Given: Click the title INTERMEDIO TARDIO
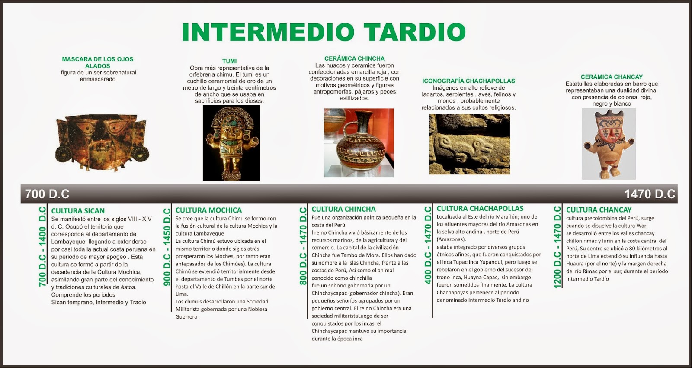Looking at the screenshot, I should (x=324, y=32).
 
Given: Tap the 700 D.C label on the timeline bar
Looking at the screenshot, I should (x=47, y=194).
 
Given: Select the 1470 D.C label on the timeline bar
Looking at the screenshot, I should (x=650, y=194).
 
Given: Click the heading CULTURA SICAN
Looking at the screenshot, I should (x=78, y=211).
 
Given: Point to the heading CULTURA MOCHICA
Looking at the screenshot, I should (x=208, y=210).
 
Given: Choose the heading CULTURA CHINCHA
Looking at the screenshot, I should (x=343, y=209).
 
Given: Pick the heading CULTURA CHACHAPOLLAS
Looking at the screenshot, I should (x=480, y=208).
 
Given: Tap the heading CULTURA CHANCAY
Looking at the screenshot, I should (x=599, y=210).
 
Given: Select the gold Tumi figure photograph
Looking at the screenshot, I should (x=231, y=143).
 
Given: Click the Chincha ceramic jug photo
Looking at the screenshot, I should (x=359, y=142).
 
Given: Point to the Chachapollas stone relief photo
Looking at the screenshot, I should (x=469, y=144).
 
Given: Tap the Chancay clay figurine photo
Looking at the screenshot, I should (x=609, y=144).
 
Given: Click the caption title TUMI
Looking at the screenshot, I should (x=229, y=61).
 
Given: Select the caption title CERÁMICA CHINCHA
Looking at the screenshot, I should (x=354, y=58).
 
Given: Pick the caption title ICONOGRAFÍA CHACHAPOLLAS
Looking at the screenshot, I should (x=468, y=81).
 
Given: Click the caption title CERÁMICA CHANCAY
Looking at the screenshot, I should (x=612, y=77).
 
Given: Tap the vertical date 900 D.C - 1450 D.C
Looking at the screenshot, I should (x=167, y=247).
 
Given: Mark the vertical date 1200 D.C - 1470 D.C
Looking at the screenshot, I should (x=557, y=247).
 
